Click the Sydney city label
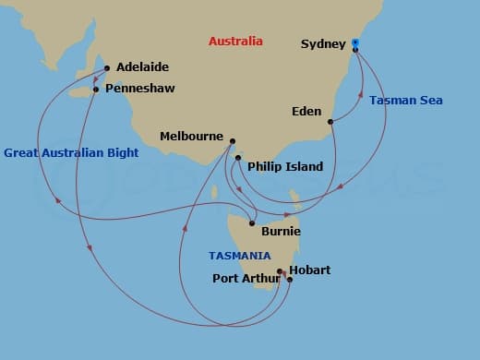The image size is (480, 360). (323, 43)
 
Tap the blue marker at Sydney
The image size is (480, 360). (355, 43)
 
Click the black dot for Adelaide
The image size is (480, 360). (107, 67)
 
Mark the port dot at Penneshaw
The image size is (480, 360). (96, 90)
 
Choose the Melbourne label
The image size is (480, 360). (192, 136)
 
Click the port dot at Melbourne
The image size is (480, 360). (232, 141)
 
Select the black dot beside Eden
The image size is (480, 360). (330, 121)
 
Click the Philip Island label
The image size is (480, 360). (285, 167)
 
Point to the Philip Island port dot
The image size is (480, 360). (238, 159)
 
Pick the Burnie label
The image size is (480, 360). (282, 232)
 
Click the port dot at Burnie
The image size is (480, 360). (252, 223)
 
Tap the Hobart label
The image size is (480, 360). (309, 270)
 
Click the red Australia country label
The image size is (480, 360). (235, 42)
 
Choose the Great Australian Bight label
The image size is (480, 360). (71, 153)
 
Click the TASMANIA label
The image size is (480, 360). (240, 256)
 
